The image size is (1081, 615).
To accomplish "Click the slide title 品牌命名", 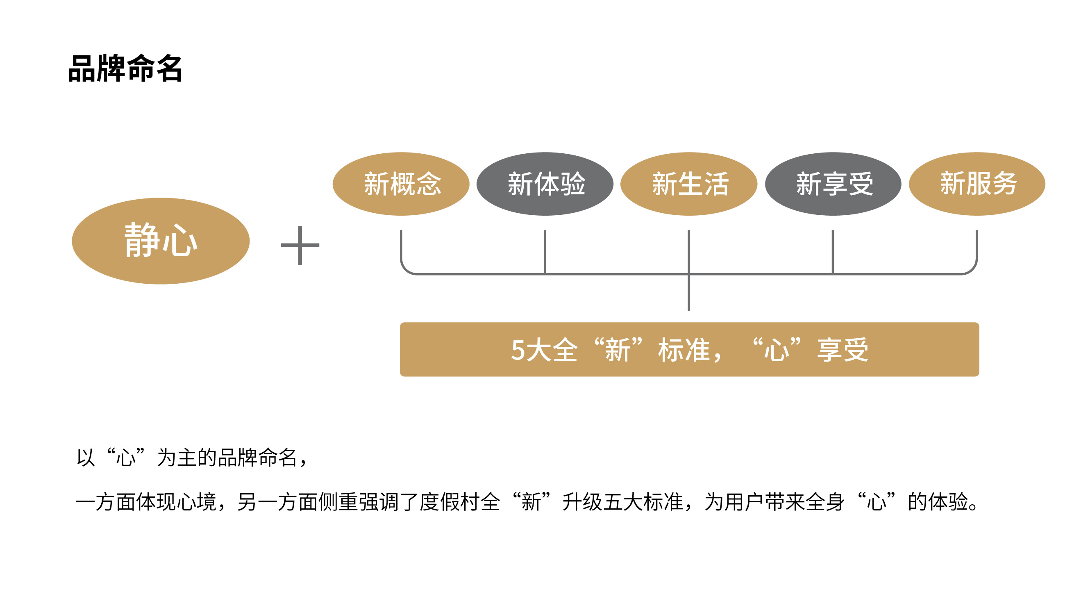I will [x=125, y=68].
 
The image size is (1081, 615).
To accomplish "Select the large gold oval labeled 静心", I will [x=160, y=241].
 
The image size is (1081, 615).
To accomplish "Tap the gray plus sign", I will [x=300, y=246].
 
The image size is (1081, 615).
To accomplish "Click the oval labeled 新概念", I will [x=401, y=184].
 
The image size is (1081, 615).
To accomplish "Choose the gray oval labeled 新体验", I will [x=545, y=184].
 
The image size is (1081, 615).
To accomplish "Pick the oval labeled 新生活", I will [x=688, y=184].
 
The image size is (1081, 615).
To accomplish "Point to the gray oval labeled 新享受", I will [x=833, y=184].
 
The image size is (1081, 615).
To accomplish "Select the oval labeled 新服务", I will [x=977, y=184].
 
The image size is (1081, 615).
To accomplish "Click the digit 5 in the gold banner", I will [x=518, y=350].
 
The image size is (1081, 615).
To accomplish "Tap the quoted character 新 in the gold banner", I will [x=618, y=350].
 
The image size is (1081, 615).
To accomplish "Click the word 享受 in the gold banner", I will [x=843, y=350].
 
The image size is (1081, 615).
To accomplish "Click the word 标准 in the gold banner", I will [x=684, y=350].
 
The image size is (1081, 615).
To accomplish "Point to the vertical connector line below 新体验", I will [x=545, y=251].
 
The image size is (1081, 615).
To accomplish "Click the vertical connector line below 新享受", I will [x=833, y=251].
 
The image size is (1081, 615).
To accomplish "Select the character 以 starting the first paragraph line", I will [x=86, y=458].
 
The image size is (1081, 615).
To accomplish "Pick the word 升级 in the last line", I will [x=582, y=502].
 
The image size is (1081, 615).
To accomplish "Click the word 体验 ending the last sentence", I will [x=949, y=502].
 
